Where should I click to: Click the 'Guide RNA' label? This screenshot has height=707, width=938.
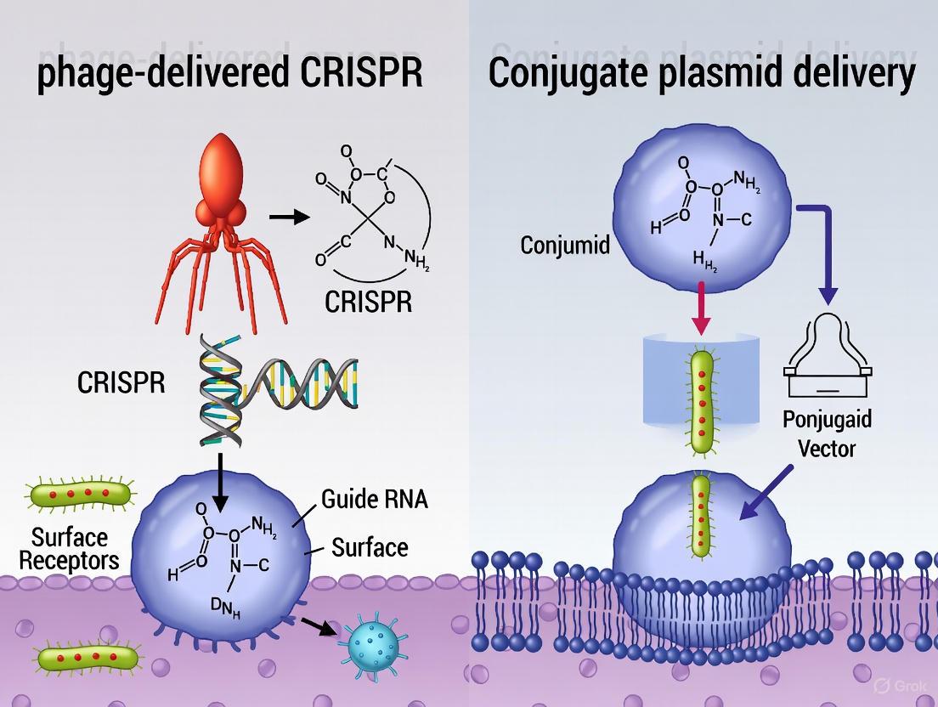pyautogui.click(x=374, y=499)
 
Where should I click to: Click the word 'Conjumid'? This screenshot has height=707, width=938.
pyautogui.click(x=566, y=246)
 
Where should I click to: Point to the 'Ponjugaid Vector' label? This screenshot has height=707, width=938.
pyautogui.click(x=828, y=433)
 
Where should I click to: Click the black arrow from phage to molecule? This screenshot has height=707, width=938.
pyautogui.click(x=289, y=218)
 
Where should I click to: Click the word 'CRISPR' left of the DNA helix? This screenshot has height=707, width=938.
pyautogui.click(x=121, y=382)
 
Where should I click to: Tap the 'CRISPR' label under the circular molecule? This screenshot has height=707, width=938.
pyautogui.click(x=368, y=302)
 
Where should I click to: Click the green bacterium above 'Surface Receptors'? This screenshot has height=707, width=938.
pyautogui.click(x=82, y=494)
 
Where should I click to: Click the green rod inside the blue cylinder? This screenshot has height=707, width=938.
pyautogui.click(x=702, y=392)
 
